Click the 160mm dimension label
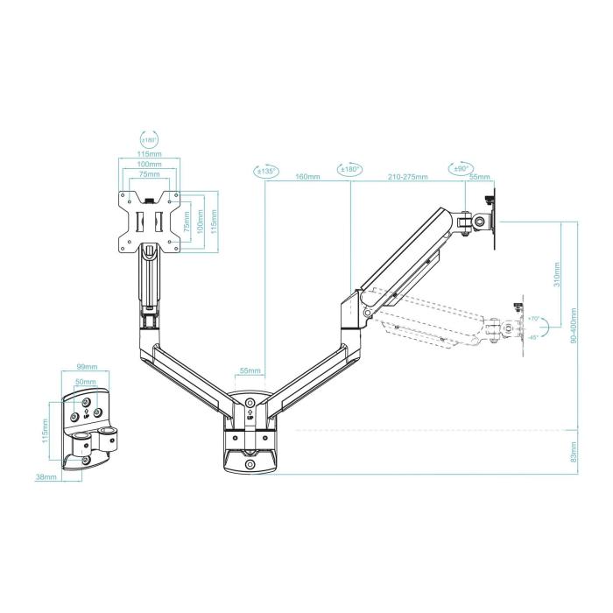[307, 177]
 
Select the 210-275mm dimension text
[408, 177]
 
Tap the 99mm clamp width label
[87, 368]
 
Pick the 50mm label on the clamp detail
[87, 383]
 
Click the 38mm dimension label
[46, 477]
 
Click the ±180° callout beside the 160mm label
[349, 169]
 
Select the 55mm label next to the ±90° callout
[480, 177]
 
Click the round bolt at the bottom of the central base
[250, 463]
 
